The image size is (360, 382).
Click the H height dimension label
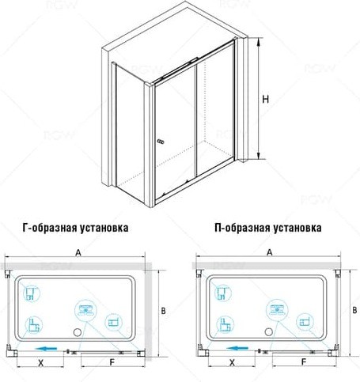[266, 99]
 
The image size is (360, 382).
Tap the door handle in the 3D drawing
[161, 142]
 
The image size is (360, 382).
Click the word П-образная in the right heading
[242, 228]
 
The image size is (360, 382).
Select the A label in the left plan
[78, 252]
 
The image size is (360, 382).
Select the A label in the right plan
[269, 252]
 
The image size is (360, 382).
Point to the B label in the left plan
[163, 311]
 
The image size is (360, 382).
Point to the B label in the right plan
[354, 310]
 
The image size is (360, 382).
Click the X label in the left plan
[40, 363]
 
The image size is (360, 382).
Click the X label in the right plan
[232, 363]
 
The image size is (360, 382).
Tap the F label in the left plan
[112, 362]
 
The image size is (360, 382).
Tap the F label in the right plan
[304, 362]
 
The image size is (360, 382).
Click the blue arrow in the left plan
[46, 349]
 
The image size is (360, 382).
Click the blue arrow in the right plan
[237, 348]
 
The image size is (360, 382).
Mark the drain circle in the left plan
[78, 332]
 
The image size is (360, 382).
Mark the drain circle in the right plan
[269, 331]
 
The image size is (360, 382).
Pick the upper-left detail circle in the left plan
[32, 293]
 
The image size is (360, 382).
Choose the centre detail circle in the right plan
[277, 310]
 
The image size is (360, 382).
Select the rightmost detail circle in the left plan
[113, 322]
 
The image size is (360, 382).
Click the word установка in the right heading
[297, 228]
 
